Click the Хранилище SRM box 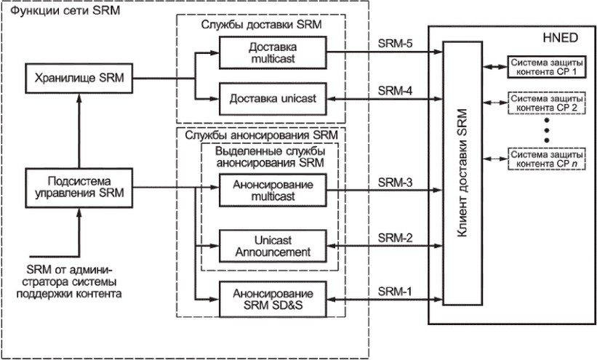coord(79,79)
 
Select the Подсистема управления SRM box coord(79,188)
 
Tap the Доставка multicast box coord(273,52)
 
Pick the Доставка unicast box coord(273,99)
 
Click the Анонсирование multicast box coord(273,190)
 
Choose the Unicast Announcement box coord(273,246)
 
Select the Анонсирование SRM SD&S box coord(273,299)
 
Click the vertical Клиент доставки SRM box coord(462,173)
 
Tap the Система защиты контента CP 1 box coord(546,67)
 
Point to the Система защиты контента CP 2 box coord(546,103)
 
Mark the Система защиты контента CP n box coord(546,159)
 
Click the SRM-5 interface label coord(395,44)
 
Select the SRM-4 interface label coord(395,91)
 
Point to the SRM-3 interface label coord(395,183)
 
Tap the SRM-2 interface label coord(395,238)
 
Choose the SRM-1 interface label coord(395,292)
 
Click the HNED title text coord(560,38)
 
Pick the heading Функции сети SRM coord(65,10)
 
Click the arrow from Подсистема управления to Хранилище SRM coord(79,131)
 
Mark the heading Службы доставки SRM coord(261,25)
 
